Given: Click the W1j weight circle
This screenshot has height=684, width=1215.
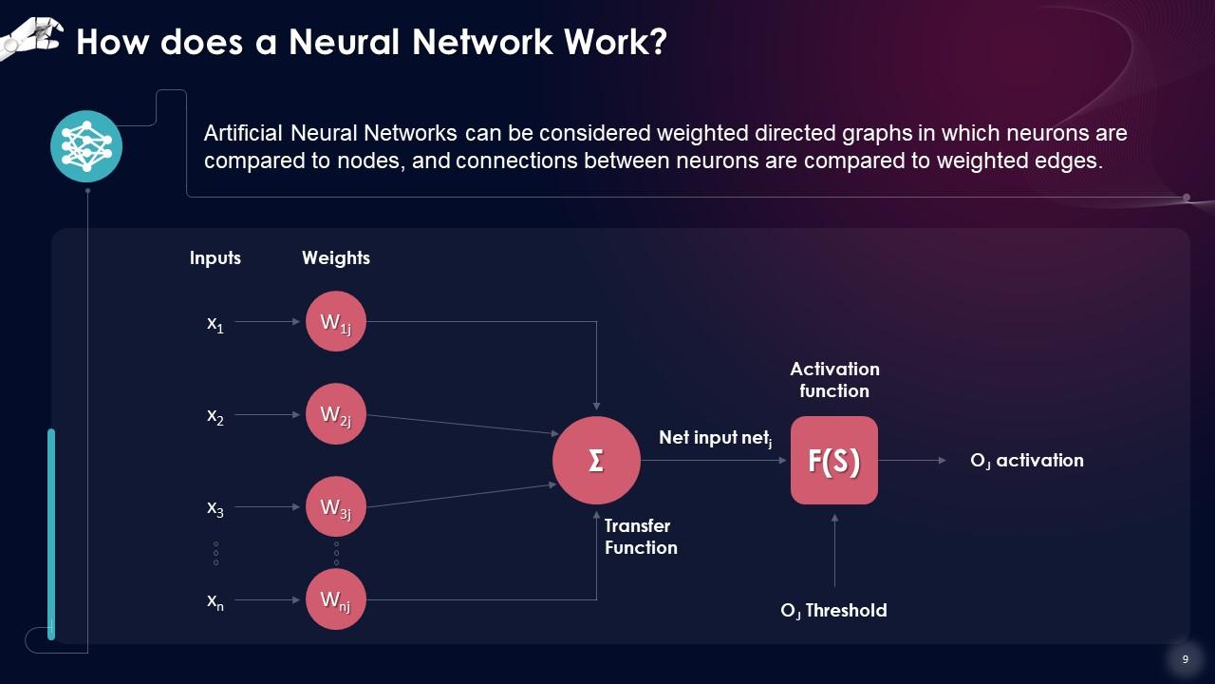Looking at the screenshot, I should pos(336,321).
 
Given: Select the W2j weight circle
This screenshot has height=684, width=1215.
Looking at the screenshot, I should pos(336,414).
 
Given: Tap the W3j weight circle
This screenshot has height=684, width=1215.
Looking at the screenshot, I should pos(336,507).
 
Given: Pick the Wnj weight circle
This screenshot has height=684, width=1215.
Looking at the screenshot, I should pos(336,599).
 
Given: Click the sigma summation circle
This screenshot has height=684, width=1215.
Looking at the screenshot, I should pos(596,461).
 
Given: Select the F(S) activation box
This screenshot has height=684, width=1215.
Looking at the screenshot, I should pos(834,461).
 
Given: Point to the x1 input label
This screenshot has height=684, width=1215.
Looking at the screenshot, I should pos(215,323).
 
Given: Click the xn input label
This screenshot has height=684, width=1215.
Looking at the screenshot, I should pos(215,600).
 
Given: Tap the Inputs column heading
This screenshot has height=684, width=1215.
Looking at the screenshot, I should pos(215,258).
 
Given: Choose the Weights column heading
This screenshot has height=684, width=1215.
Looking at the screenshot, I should pos(336,258).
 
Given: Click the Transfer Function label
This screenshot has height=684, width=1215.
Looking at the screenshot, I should pos(641,537).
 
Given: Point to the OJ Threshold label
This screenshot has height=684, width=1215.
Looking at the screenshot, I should pos(833,611).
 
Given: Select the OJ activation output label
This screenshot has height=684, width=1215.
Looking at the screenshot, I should pos(1026,461).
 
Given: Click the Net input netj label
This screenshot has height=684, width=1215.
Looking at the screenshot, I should pos(716,438).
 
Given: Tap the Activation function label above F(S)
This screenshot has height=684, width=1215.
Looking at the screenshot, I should pos(834,380).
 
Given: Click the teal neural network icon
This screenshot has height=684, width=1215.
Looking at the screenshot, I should pos(86,146).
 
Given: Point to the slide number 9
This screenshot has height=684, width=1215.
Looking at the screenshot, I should pos(1185,659).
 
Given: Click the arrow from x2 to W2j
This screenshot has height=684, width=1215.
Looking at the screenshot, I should pos(268,415).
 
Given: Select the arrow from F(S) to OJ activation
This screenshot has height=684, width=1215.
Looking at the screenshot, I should pos(912,461).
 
